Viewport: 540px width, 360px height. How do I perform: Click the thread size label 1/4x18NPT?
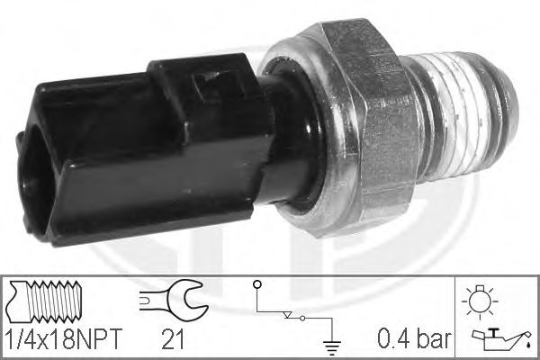(x=65, y=338)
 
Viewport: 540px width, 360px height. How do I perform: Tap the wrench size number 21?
(x=173, y=339)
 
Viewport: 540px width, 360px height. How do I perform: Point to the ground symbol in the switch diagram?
(x=331, y=347)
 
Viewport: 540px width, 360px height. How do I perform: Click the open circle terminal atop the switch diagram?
(x=256, y=284)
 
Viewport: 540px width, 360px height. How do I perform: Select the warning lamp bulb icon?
(x=480, y=301)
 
